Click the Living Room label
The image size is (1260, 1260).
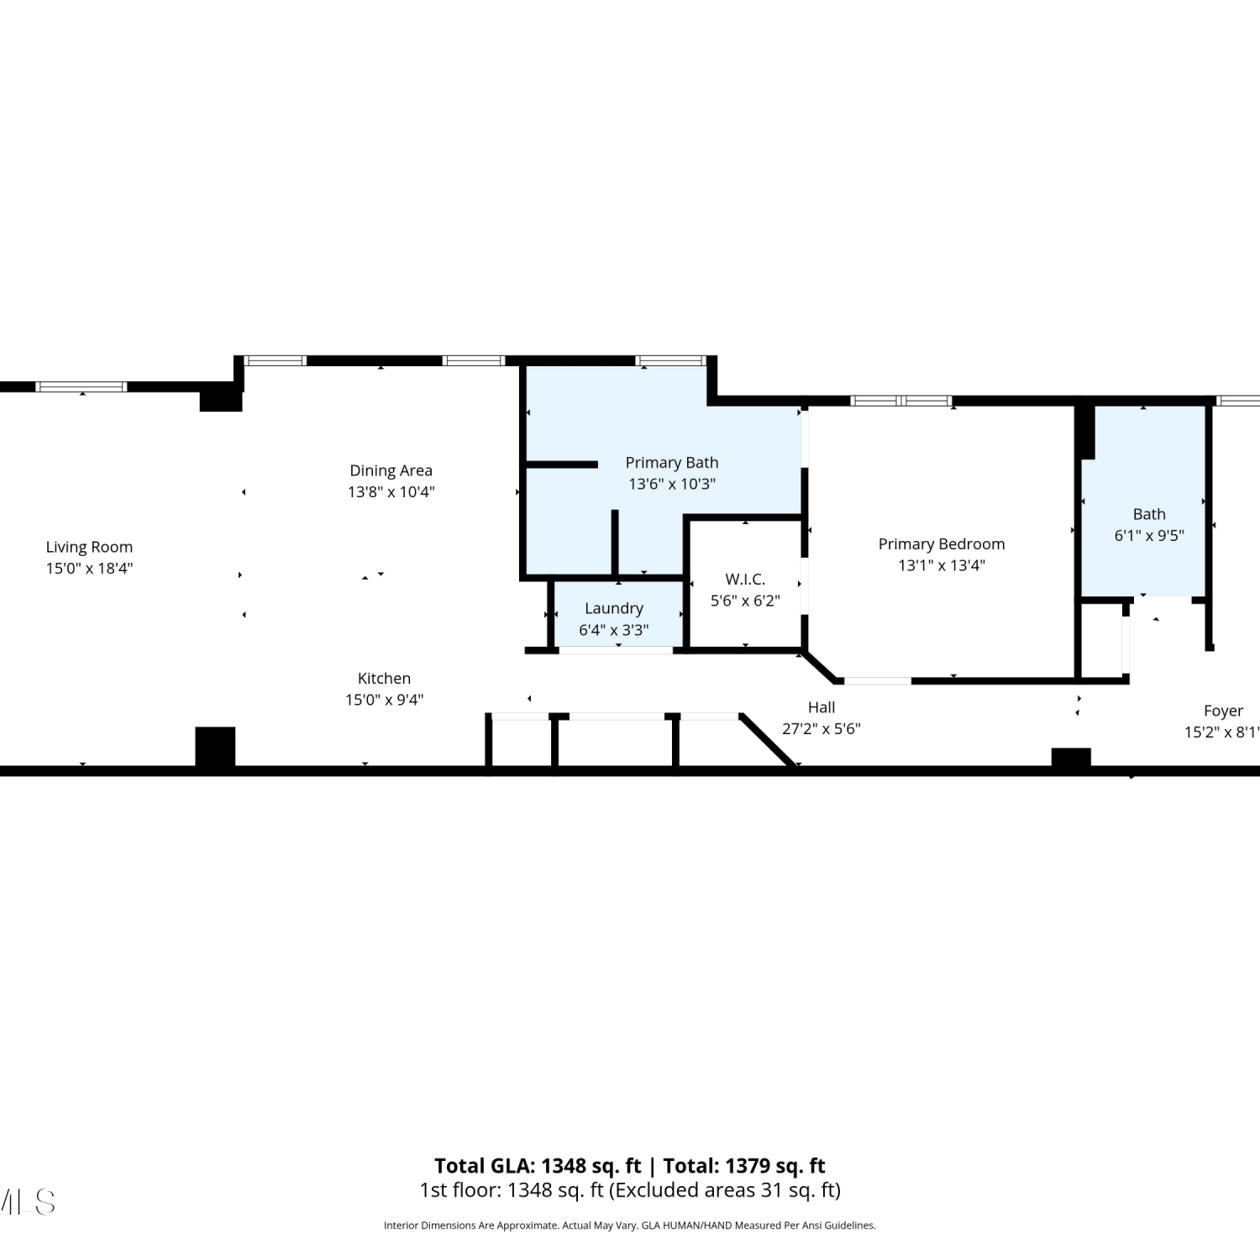pos(89,547)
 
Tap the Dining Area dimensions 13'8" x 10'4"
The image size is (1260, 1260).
pos(391,491)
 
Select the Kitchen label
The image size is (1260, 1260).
pos(384,678)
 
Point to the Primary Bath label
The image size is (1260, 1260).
pos(672,463)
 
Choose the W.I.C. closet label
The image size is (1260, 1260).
pos(745,579)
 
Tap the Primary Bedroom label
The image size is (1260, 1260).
pos(942,544)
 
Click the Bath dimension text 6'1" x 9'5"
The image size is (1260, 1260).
pos(1149,535)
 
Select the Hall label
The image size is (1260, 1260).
pos(822,707)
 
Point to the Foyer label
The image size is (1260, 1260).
pos(1223,711)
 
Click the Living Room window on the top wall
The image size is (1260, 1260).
pos(81,386)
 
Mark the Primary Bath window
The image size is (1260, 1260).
pos(670,360)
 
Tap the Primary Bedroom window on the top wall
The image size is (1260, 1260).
pos(901,401)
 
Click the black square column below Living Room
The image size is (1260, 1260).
pos(215,747)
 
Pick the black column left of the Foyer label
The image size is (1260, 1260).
pos(1071,758)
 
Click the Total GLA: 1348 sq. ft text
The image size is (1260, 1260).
pos(538,1166)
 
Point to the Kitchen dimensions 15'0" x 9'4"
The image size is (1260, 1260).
pos(384,700)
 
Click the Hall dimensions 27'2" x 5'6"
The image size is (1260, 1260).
pos(822,729)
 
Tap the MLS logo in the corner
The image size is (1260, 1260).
pos(27,1202)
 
